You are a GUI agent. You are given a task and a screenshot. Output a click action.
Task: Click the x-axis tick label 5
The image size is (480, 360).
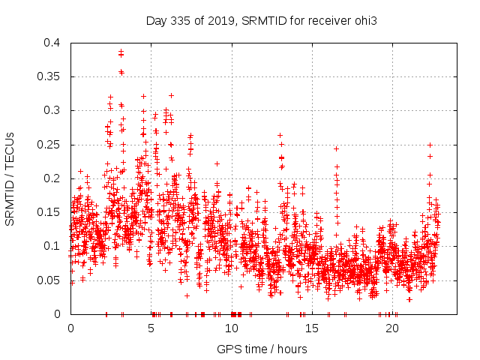click(x=151, y=328)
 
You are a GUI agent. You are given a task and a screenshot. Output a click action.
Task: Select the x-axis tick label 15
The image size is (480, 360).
click(x=311, y=328)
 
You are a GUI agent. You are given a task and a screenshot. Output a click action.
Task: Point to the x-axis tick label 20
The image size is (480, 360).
click(x=391, y=328)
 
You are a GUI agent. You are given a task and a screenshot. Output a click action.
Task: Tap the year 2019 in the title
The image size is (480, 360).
click(x=223, y=20)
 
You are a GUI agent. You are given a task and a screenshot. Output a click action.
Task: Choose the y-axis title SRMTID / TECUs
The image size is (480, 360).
click(x=10, y=178)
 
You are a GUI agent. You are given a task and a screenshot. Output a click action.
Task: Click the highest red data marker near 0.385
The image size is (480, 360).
click(x=121, y=52)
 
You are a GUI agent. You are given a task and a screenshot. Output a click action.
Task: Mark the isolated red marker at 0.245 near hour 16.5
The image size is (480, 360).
click(x=336, y=148)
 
